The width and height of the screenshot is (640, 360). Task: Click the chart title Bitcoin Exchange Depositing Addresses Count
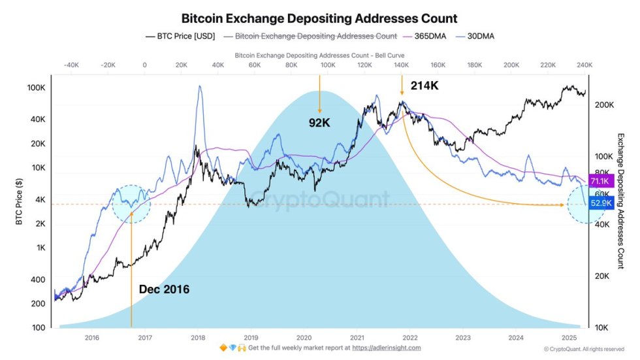(x=319, y=19)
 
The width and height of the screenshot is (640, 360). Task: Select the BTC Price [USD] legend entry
(x=176, y=37)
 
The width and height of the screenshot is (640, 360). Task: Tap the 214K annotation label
(x=425, y=86)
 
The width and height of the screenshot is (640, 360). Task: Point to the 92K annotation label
(x=320, y=122)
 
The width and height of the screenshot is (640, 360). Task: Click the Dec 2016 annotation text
(x=164, y=289)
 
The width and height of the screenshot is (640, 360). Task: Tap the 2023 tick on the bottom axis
(x=463, y=338)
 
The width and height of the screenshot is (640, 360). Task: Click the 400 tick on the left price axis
(x=39, y=280)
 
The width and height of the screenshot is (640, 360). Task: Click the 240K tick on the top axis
(x=585, y=65)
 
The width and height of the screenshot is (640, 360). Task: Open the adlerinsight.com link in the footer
(x=387, y=348)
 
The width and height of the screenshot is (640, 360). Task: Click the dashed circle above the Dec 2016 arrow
(x=131, y=204)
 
